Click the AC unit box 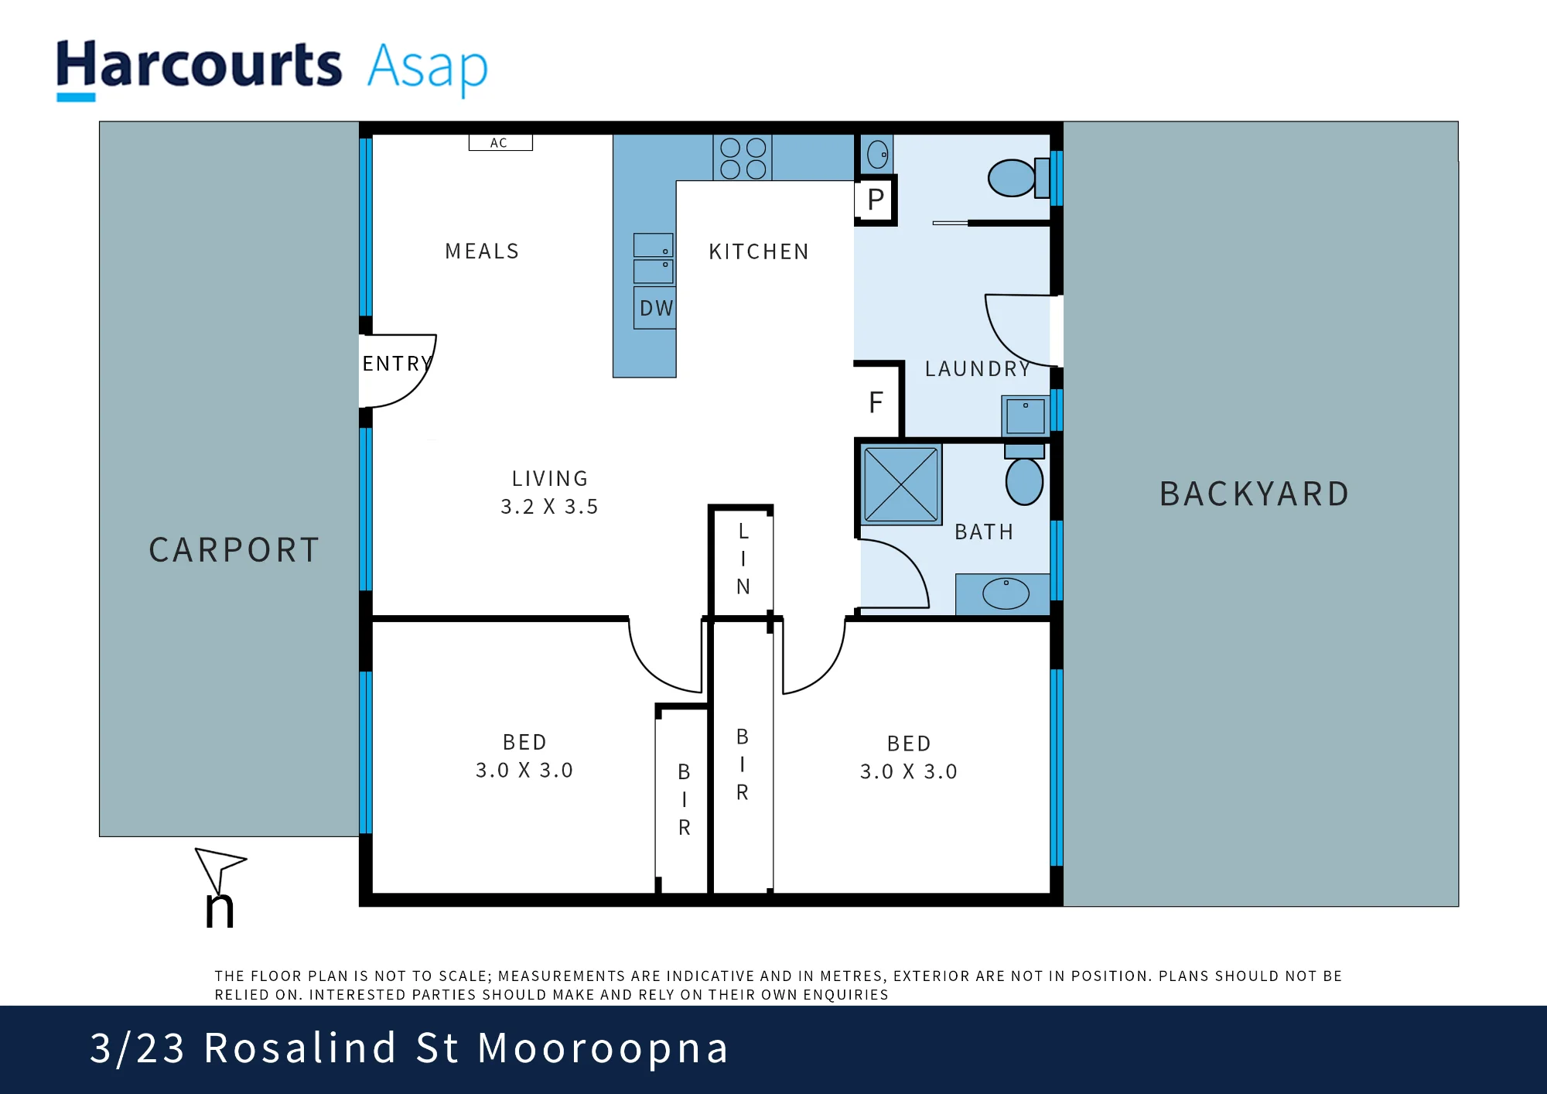[x=500, y=142]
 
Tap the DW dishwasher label [x=656, y=308]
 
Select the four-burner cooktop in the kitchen [x=743, y=158]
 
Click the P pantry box [x=876, y=200]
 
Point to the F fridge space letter [x=876, y=402]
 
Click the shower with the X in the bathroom [x=900, y=484]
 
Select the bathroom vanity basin [x=1005, y=593]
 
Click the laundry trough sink [x=1026, y=416]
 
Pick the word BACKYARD [x=1255, y=494]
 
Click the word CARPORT [x=234, y=550]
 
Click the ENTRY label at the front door [x=397, y=364]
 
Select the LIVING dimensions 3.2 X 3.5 [x=549, y=507]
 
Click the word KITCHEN [x=759, y=251]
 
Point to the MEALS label [x=482, y=251]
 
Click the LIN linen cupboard [x=743, y=559]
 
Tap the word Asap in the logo [x=428, y=68]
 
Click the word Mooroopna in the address [x=603, y=1048]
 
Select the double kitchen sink [x=654, y=258]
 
